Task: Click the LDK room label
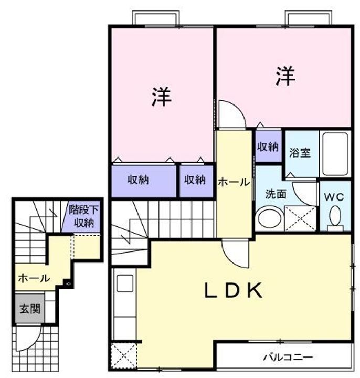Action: pos(234,290)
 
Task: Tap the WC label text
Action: pos(334,197)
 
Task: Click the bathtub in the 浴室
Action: pos(335,154)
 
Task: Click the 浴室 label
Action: pos(300,153)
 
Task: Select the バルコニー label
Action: pos(288,357)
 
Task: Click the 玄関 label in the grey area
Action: pos(29,309)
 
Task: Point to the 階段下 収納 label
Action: pos(83,216)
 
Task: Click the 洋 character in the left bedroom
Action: pos(161,97)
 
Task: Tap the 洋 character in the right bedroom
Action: pos(285,76)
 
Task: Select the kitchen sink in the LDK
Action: pos(125,283)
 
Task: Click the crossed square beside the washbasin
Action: pos(300,218)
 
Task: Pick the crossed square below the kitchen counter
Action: pos(124,355)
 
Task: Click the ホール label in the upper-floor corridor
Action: pos(234,182)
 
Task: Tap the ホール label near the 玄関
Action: pos(34,278)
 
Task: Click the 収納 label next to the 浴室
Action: pos(268,146)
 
